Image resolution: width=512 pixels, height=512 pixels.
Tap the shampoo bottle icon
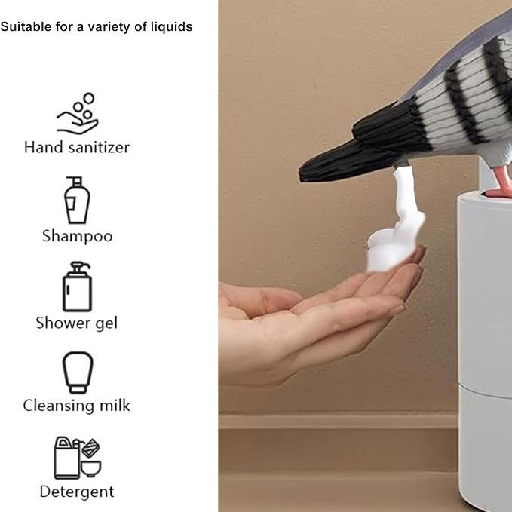tap(77, 200)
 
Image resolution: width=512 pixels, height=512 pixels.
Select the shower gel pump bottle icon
tap(77, 287)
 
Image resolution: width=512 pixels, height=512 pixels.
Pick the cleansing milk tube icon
tap(78, 373)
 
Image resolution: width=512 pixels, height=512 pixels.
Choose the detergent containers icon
tap(78, 458)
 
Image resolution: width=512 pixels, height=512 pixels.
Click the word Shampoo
tap(78, 236)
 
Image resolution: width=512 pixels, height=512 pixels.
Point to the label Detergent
tap(77, 492)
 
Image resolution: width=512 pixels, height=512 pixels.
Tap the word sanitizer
tap(99, 148)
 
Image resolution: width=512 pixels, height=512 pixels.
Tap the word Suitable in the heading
tap(26, 27)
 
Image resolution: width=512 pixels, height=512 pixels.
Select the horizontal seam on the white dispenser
tap(485, 391)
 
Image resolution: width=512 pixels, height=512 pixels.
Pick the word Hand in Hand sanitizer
tap(44, 147)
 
